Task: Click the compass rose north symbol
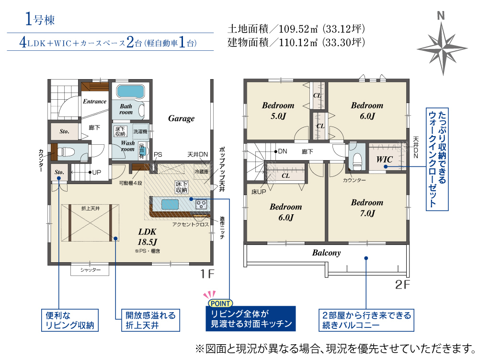[442, 44]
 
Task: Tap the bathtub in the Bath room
[130, 92]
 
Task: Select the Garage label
[181, 118]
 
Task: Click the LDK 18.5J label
[147, 236]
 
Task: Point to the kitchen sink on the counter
[170, 204]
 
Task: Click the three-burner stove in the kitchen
[201, 204]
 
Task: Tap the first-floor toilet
[65, 151]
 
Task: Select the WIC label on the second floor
[384, 159]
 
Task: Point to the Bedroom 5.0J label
[278, 110]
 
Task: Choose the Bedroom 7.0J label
[367, 208]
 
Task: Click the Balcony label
[326, 253]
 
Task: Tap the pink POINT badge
[220, 303]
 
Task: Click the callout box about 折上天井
[150, 320]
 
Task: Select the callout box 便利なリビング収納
[70, 320]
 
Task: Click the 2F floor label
[402, 285]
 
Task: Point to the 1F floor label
[207, 274]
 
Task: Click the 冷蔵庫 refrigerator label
[201, 172]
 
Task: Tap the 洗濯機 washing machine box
[140, 131]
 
